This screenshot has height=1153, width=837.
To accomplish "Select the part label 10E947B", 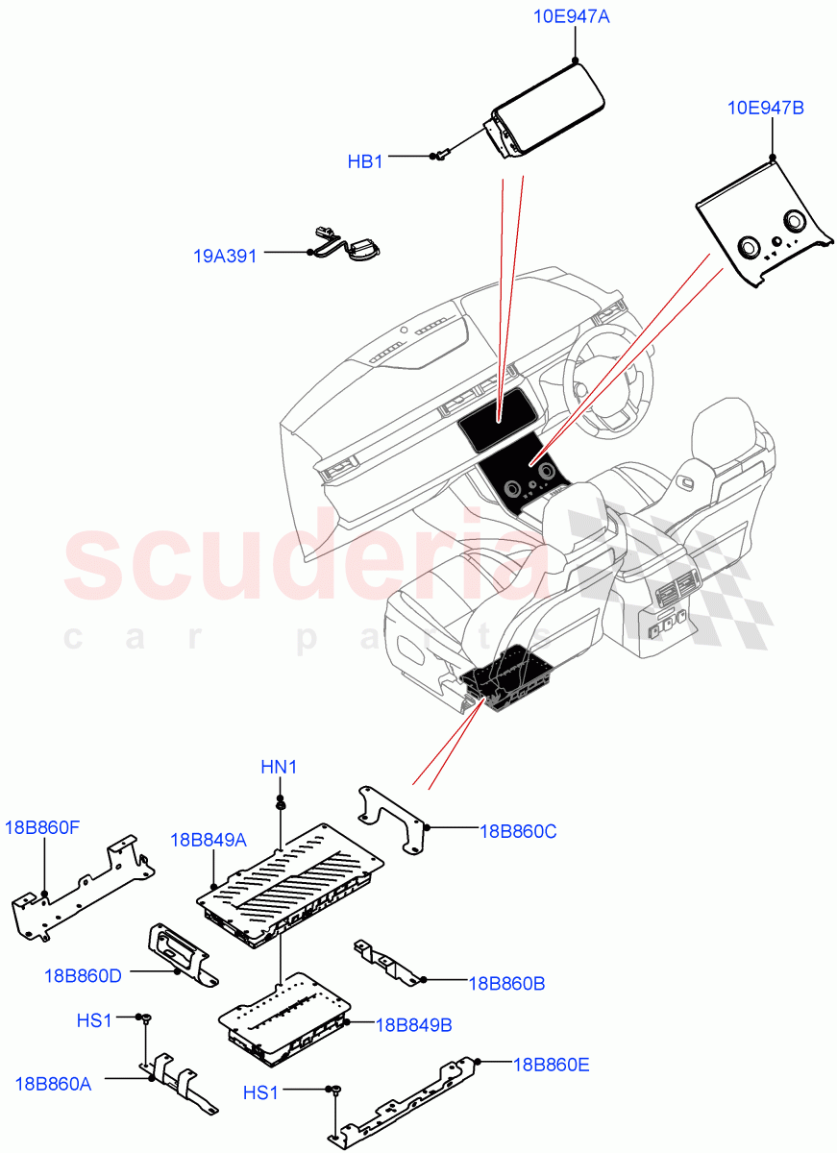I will tap(766, 108).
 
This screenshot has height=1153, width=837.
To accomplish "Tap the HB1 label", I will tap(365, 162).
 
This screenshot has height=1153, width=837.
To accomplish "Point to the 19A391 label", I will tap(225, 257).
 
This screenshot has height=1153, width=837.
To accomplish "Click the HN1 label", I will tap(279, 767).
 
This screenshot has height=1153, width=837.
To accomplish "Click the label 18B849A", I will tap(209, 839).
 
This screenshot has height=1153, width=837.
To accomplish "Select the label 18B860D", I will tap(83, 975).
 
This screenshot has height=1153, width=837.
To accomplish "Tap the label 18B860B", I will tap(506, 983).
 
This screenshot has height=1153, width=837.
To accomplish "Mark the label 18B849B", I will tap(413, 1024).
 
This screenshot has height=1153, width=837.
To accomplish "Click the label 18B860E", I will tap(552, 1064).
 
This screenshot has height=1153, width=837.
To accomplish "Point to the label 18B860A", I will tap(54, 1084).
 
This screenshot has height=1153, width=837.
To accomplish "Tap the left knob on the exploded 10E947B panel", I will tap(748, 248).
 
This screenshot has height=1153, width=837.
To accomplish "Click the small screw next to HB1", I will tap(441, 154).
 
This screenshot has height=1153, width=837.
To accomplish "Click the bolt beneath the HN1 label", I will tap(279, 803).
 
